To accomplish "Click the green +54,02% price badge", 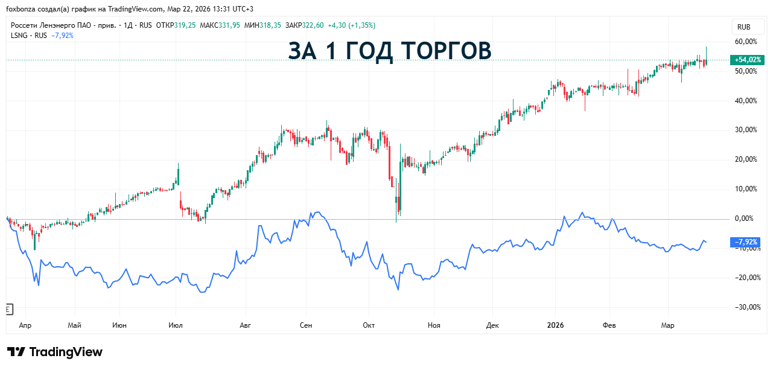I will (747, 60).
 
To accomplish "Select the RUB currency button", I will (744, 27).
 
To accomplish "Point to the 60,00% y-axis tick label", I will (746, 42).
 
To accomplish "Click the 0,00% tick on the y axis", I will (747, 218).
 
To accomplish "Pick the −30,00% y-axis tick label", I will (745, 307).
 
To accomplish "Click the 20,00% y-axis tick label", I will (746, 159).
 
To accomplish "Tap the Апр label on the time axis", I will (25, 325).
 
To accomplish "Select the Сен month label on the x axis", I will (306, 325).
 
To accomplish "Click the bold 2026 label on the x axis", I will (555, 325).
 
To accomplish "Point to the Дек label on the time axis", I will (493, 325).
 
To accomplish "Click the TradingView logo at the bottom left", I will (55, 352).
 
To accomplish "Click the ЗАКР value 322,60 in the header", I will (313, 25).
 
